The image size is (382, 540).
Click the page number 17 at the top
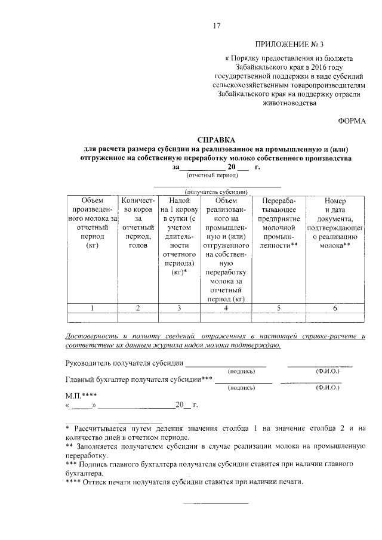click(217, 25)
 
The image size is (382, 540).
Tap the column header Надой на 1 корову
click(180, 236)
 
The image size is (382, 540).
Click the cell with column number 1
click(92, 308)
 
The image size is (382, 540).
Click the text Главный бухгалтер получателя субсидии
click(138, 380)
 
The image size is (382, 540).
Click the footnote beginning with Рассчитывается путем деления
click(215, 433)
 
